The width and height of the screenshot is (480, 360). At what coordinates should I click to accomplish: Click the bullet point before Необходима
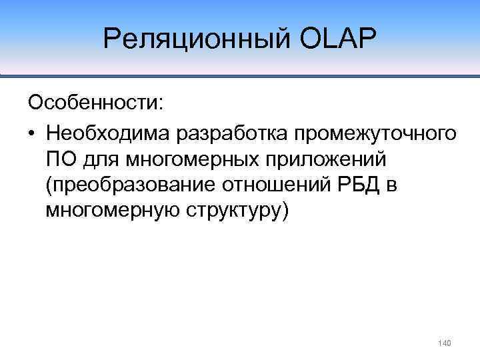pyautogui.click(x=31, y=133)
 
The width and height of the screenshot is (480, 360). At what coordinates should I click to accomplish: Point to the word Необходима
pyautogui.click(x=108, y=133)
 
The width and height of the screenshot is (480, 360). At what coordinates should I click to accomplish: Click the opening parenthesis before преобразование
pyautogui.click(x=49, y=186)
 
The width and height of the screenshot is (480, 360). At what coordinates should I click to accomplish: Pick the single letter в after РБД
pyautogui.click(x=392, y=187)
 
